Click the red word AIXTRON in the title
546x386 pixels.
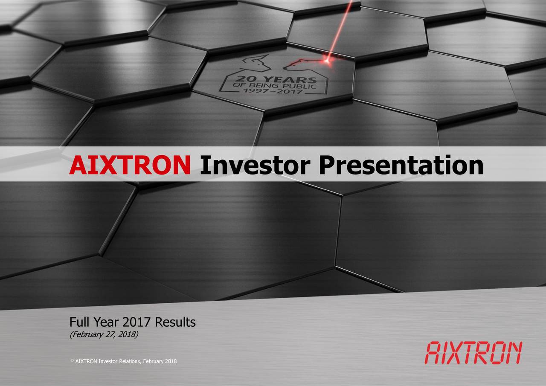[x=130, y=165]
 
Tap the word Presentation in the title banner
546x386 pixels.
[x=401, y=165]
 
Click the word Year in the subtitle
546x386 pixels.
[x=105, y=322]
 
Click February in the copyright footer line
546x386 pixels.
[x=153, y=362]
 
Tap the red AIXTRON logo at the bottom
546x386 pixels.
[x=473, y=353]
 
